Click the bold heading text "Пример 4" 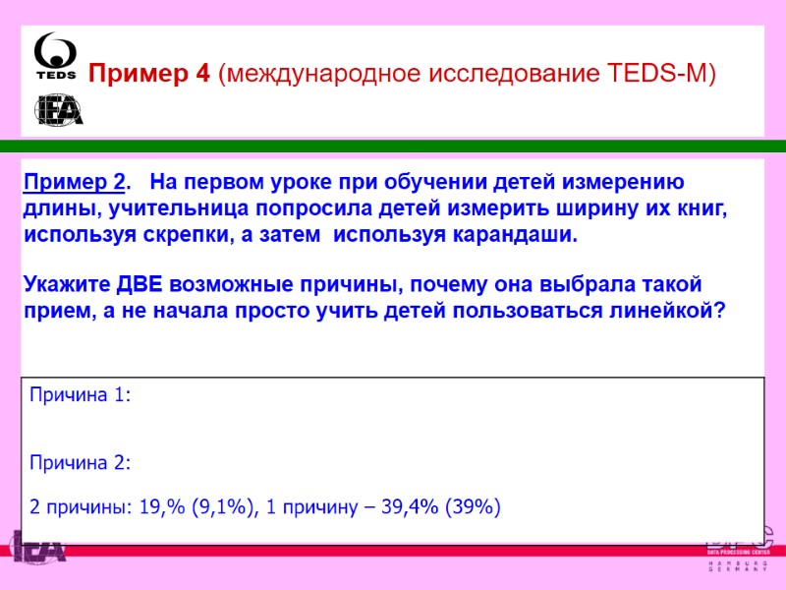pyautogui.click(x=149, y=74)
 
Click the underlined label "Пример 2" pyautogui.click(x=74, y=183)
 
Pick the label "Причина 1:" pyautogui.click(x=80, y=395)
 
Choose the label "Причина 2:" pyautogui.click(x=80, y=462)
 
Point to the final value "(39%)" pyautogui.click(x=473, y=507)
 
